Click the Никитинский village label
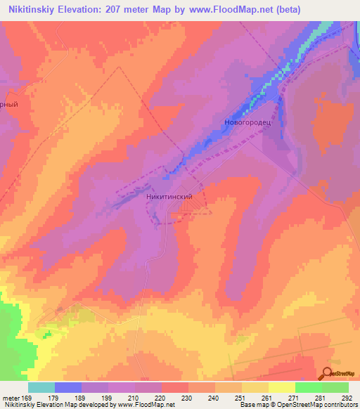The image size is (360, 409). coord(169,198)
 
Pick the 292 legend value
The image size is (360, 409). coord(347,398)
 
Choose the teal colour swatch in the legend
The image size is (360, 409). coord(41,387)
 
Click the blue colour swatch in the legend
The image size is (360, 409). coord(68,387)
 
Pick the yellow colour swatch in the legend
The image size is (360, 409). coord(282,387)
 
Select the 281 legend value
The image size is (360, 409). coord(320,398)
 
